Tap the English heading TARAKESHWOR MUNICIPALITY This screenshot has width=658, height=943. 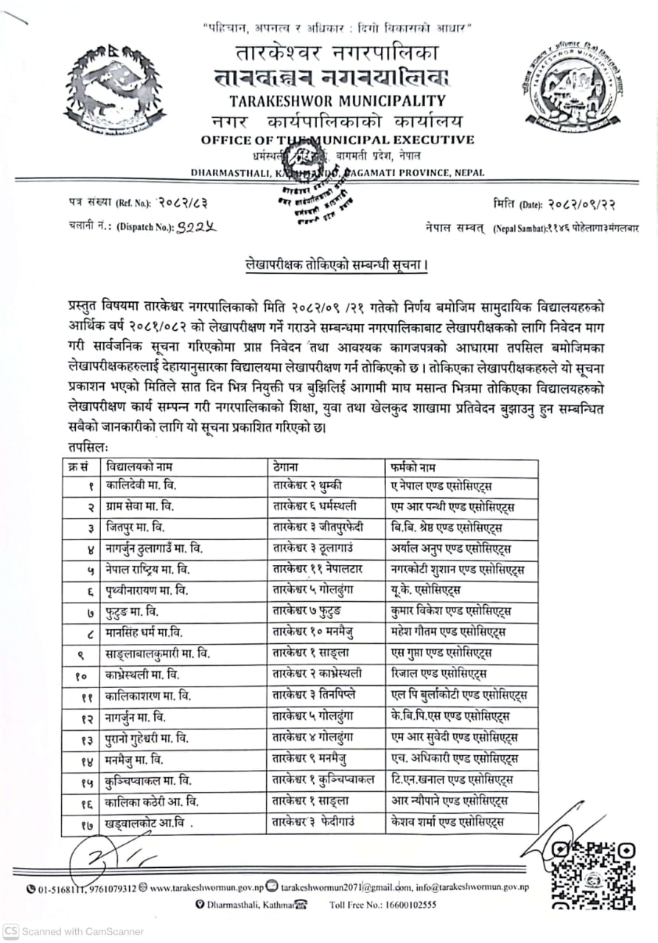pos(337,101)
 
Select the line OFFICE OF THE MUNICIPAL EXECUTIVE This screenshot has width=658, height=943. pos(337,140)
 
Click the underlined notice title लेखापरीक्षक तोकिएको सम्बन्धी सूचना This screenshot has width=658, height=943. pos(338,262)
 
